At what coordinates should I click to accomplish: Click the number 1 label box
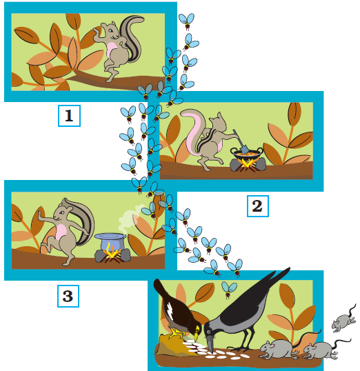click(x=69, y=116)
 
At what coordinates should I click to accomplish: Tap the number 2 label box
click(x=258, y=206)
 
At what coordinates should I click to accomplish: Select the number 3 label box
click(x=68, y=296)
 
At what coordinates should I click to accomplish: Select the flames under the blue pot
click(x=111, y=252)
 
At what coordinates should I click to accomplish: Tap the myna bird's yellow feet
click(x=177, y=333)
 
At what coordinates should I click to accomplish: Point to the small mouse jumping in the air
click(x=343, y=319)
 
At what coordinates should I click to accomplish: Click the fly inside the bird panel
click(x=229, y=289)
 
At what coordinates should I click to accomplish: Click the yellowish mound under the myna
click(x=174, y=344)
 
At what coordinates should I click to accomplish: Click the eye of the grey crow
click(x=208, y=332)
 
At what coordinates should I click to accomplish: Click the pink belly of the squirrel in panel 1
click(x=110, y=50)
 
